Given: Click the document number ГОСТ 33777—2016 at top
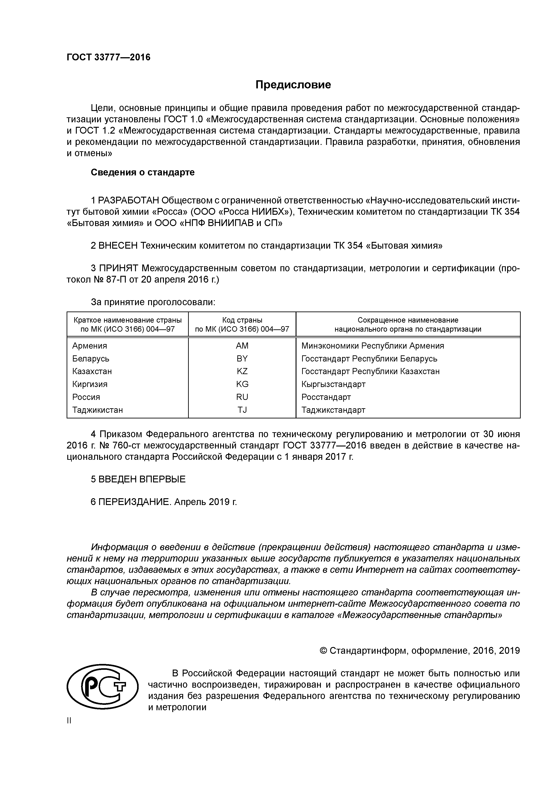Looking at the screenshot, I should point(108,57).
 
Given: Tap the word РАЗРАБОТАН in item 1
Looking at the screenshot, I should point(129,200).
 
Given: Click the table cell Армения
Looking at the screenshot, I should point(90,346).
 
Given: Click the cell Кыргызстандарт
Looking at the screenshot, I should point(333,384).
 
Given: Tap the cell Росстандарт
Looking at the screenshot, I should point(326,397).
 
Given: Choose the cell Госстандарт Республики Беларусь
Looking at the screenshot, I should point(369,359).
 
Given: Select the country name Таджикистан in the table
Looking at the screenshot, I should point(98,410).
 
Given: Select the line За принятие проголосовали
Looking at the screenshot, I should point(153,302).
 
